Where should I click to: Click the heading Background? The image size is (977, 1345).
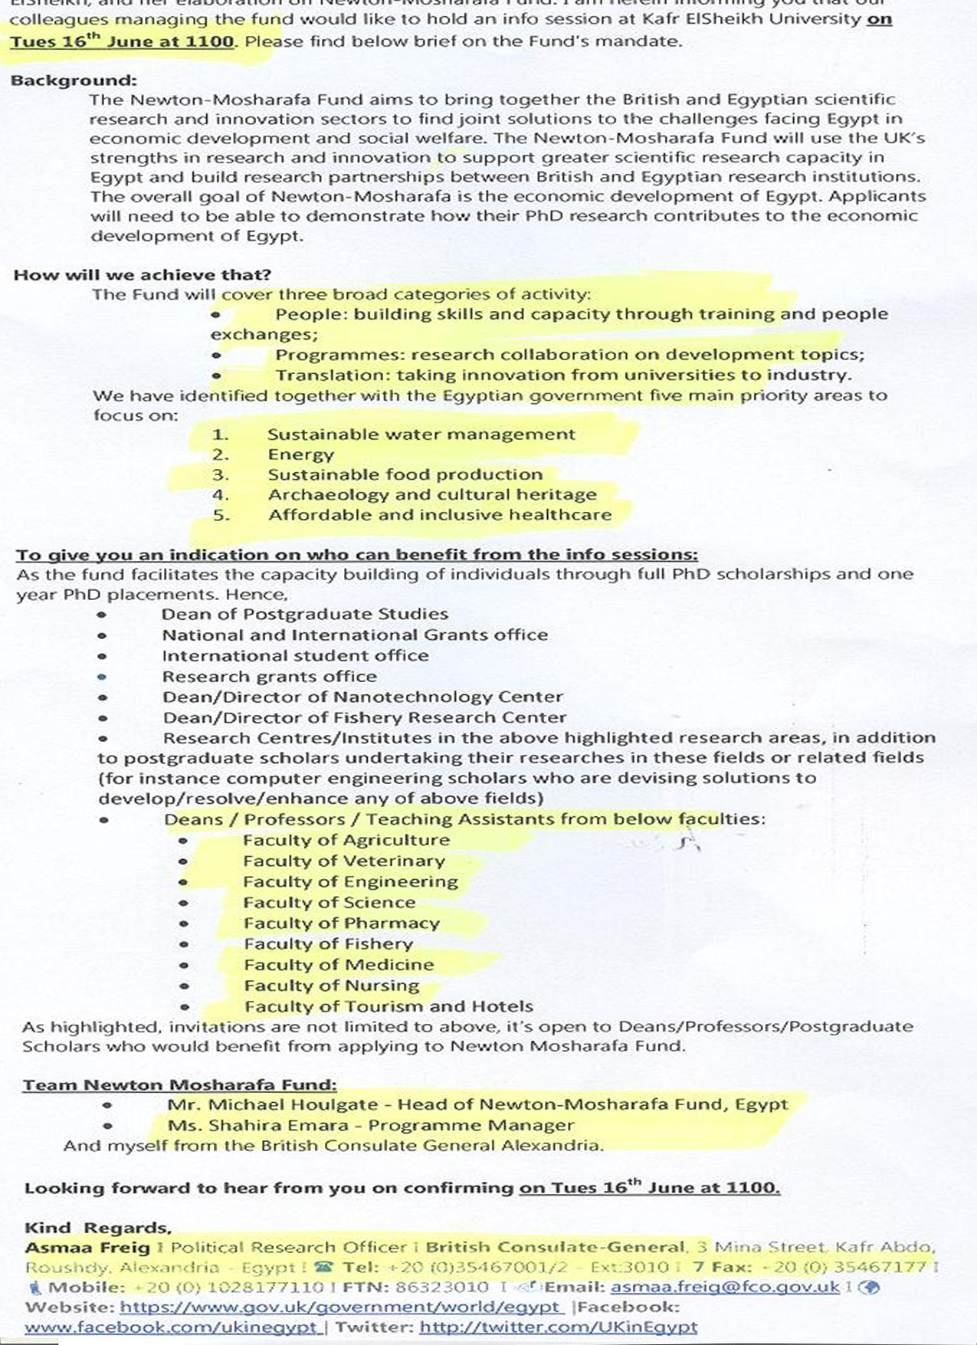pyautogui.click(x=74, y=80)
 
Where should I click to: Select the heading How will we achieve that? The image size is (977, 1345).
pyautogui.click(x=143, y=275)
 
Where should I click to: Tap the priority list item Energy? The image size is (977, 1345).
pyautogui.click(x=300, y=454)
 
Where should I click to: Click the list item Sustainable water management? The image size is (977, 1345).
pyautogui.click(x=421, y=435)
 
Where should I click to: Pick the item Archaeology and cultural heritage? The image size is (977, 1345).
pyautogui.click(x=431, y=495)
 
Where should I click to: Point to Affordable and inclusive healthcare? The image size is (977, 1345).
pyautogui.click(x=439, y=515)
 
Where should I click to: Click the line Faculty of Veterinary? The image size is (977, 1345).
pyautogui.click(x=343, y=861)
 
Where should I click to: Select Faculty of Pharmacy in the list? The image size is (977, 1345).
pyautogui.click(x=341, y=923)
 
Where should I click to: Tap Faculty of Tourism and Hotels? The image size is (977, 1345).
pyautogui.click(x=389, y=1006)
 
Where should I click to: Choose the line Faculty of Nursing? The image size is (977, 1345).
pyautogui.click(x=331, y=986)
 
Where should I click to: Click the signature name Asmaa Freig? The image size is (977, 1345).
pyautogui.click(x=87, y=1248)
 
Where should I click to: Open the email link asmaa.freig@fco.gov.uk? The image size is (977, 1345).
pyautogui.click(x=724, y=1288)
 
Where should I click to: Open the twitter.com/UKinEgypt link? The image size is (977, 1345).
pyautogui.click(x=559, y=1327)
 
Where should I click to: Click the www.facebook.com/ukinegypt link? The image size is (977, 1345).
pyautogui.click(x=171, y=1327)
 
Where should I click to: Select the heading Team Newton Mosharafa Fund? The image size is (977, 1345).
pyautogui.click(x=179, y=1085)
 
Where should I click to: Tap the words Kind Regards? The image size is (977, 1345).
pyautogui.click(x=97, y=1228)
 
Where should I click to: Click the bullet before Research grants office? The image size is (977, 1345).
pyautogui.click(x=102, y=677)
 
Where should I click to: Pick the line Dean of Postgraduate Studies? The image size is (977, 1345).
pyautogui.click(x=304, y=615)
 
